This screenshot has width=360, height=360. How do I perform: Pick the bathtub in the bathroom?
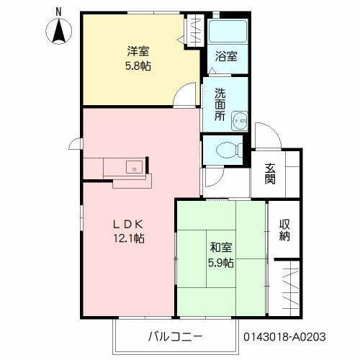(227, 32)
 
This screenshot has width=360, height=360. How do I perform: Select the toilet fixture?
(225, 150)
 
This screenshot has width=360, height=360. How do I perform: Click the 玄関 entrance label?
(270, 174)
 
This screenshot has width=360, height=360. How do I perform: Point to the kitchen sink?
(132, 167)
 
